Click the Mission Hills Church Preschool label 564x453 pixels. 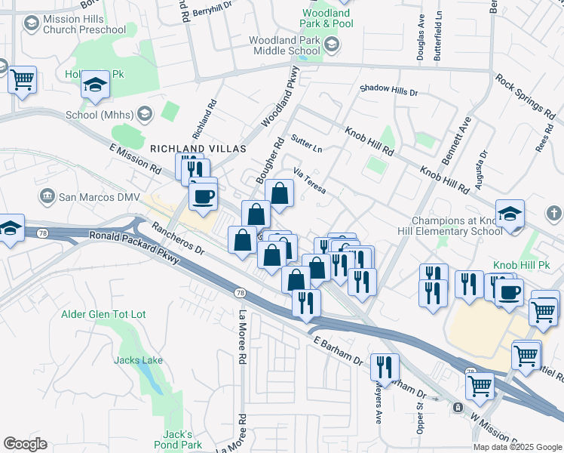click(84, 24)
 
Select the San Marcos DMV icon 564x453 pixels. click(48, 197)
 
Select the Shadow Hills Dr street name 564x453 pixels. click(388, 91)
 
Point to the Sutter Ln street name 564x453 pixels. click(306, 144)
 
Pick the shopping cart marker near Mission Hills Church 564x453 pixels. click(23, 79)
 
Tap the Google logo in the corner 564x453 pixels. click(25, 444)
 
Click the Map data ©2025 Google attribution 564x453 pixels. click(517, 447)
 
